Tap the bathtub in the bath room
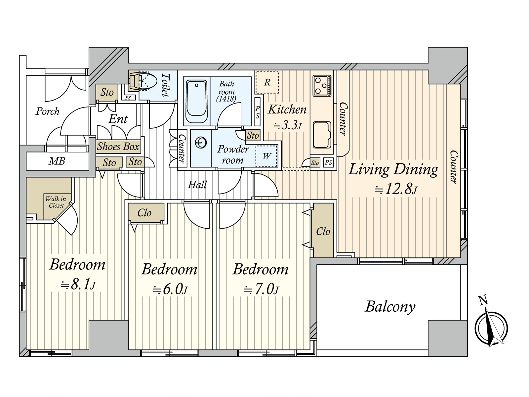(x=197, y=102)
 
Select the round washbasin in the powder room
(x=200, y=143)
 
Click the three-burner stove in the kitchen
(x=322, y=85)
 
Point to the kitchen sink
(x=322, y=135)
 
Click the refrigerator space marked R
(x=267, y=82)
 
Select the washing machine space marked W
(x=266, y=156)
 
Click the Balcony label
(x=390, y=307)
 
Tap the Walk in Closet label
(x=56, y=202)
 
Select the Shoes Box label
(x=118, y=146)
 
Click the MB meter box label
(x=57, y=161)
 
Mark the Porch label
(x=48, y=111)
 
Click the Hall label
(x=197, y=185)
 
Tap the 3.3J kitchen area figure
(x=288, y=126)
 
